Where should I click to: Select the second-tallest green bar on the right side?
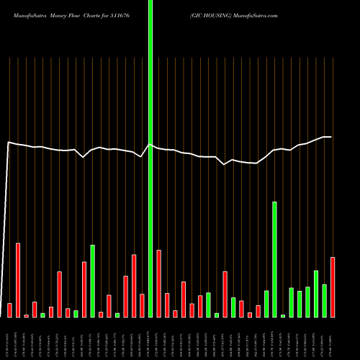(274, 259)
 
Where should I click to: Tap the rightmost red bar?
(333, 287)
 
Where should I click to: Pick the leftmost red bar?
(9, 310)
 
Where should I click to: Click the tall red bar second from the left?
(18, 280)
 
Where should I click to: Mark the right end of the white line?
(331, 137)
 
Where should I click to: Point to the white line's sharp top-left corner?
(8, 143)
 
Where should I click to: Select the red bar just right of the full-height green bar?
(158, 283)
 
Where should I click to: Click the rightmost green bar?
(324, 300)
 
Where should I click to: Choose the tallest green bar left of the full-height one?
(92, 281)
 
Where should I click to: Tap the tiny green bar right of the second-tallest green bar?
(283, 315)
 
